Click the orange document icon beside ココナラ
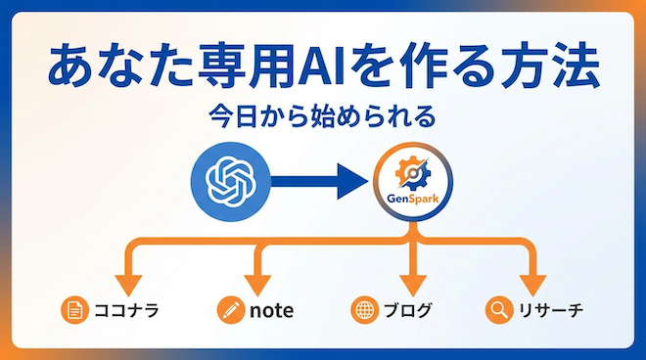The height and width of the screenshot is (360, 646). (73, 311)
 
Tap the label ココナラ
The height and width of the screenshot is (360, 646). (123, 311)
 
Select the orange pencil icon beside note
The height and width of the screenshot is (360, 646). (230, 311)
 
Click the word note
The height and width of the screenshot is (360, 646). (271, 311)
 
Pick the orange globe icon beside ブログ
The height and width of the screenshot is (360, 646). (364, 311)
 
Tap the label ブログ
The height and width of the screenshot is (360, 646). (406, 311)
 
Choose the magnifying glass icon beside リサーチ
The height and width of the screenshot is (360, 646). (498, 311)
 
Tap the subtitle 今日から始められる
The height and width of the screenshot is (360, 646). (322, 117)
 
